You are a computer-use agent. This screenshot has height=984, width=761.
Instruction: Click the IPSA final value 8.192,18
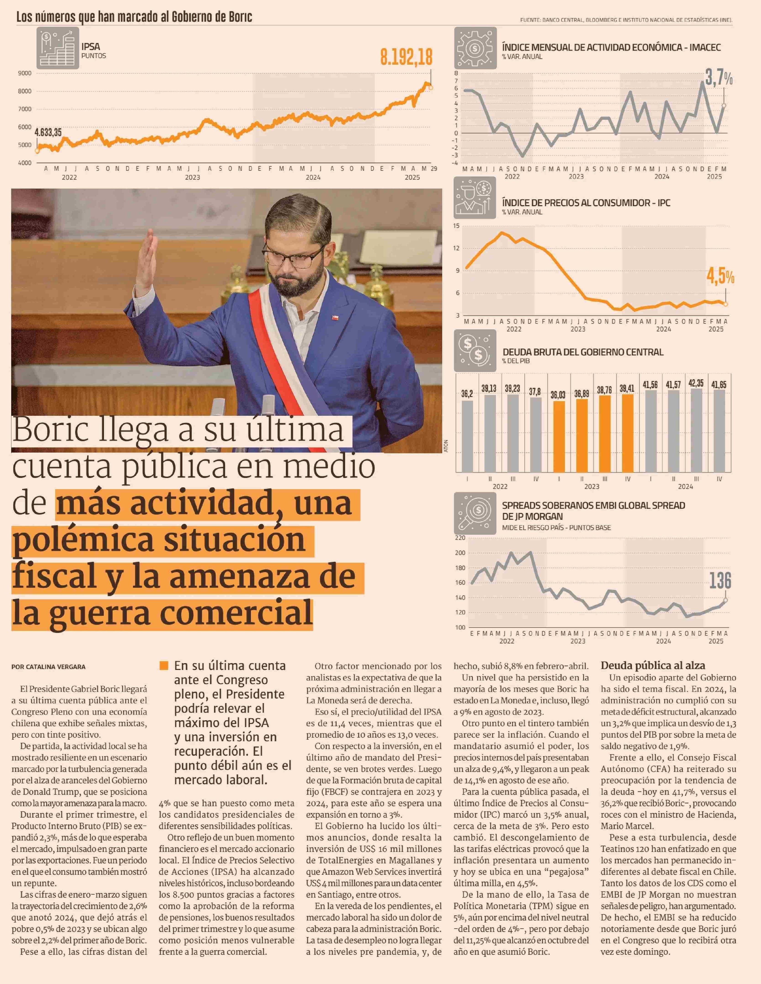406,57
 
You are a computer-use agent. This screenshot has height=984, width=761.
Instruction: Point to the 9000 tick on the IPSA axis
25,73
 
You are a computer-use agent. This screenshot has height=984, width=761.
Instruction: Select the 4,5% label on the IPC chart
720,276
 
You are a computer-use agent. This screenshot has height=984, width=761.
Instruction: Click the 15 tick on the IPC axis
456,226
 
